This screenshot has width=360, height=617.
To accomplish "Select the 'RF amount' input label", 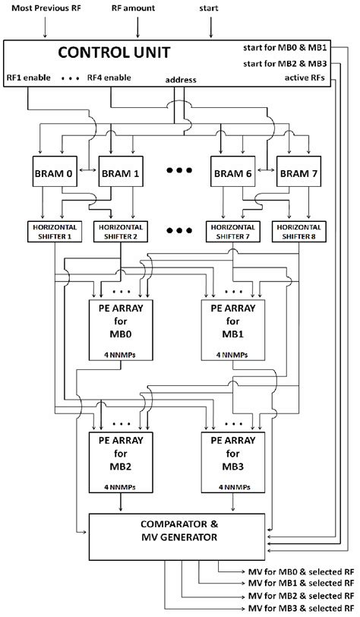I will click(x=137, y=8).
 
